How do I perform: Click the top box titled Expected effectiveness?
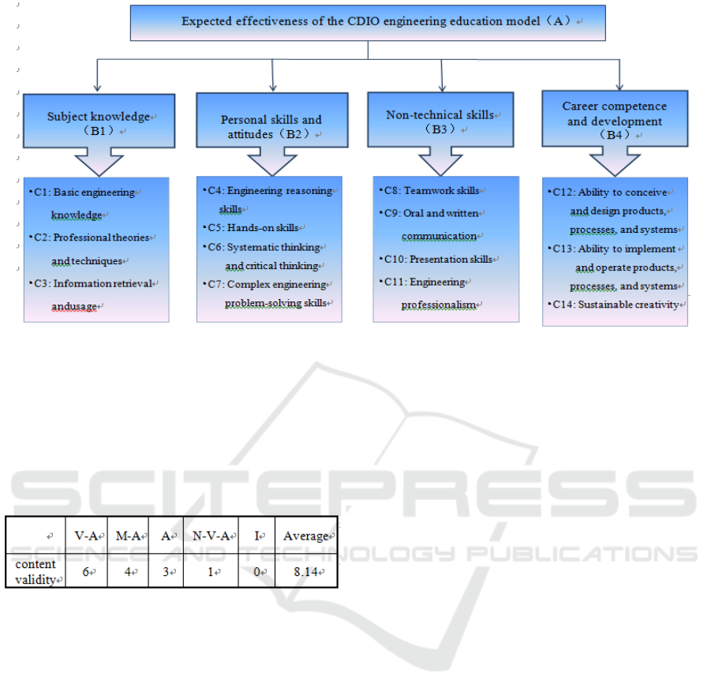pos(368,21)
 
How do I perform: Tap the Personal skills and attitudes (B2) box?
pos(271,125)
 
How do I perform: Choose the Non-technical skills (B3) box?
pos(440,120)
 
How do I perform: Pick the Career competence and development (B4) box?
pos(615,119)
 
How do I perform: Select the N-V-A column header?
pos(211,536)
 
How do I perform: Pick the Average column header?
pos(306,536)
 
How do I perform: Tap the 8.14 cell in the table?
pos(306,570)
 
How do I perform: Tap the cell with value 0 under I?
pos(256,570)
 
